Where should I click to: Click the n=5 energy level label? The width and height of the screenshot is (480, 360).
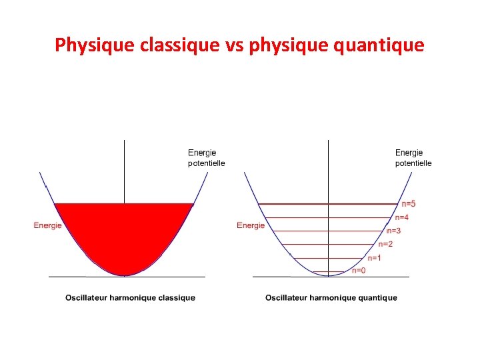pyautogui.click(x=407, y=203)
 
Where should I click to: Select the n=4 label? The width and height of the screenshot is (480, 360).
pyautogui.click(x=401, y=217)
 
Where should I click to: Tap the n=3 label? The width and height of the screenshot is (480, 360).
pyautogui.click(x=393, y=231)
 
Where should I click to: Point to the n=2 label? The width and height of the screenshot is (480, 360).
pyautogui.click(x=385, y=244)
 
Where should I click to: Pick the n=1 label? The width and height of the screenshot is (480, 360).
pyautogui.click(x=374, y=258)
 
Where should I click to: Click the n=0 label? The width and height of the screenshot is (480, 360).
pyautogui.click(x=359, y=270)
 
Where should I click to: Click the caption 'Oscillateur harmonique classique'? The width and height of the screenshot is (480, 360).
pyautogui.click(x=130, y=297)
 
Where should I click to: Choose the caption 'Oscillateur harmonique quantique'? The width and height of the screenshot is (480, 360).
pyautogui.click(x=331, y=297)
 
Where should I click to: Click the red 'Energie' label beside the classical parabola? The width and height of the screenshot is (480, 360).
pyautogui.click(x=47, y=225)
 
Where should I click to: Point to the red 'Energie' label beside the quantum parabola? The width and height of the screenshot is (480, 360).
pyautogui.click(x=251, y=225)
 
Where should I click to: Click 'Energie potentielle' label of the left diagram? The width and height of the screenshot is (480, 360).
pyautogui.click(x=206, y=158)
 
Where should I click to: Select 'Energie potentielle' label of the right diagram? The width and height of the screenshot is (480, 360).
pyautogui.click(x=413, y=158)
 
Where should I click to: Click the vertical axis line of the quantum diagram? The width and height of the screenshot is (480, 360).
pyautogui.click(x=328, y=173)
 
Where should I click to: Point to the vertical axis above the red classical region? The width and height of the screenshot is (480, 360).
pyautogui.click(x=125, y=170)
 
